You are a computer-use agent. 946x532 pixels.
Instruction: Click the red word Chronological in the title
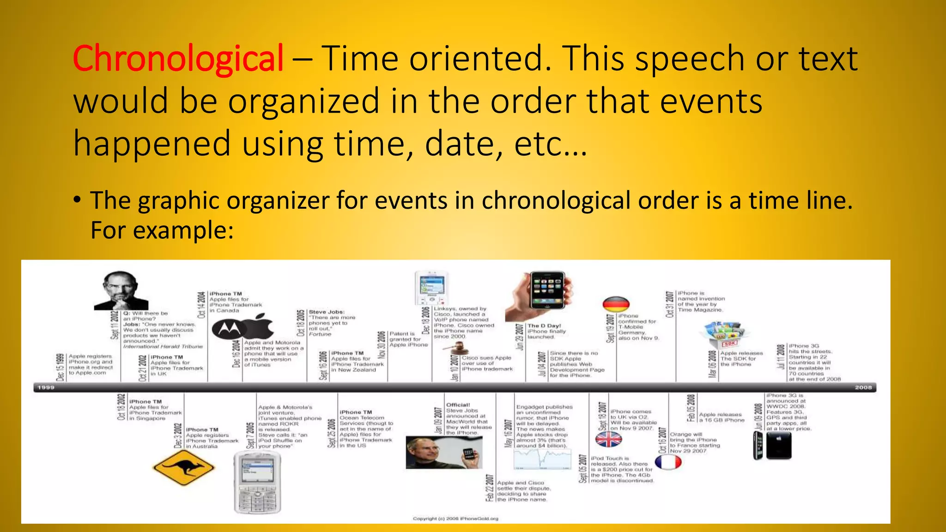(x=178, y=59)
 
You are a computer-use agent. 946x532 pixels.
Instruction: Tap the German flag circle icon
(x=616, y=305)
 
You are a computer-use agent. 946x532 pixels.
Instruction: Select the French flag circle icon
(x=668, y=462)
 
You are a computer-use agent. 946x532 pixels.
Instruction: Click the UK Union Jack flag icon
(x=609, y=439)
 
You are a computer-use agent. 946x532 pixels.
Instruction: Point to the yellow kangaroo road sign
(x=183, y=467)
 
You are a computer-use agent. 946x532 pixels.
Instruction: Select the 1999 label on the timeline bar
(x=46, y=387)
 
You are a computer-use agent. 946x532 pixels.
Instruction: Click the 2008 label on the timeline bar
(x=863, y=387)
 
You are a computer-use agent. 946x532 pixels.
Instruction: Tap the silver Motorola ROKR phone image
(x=257, y=482)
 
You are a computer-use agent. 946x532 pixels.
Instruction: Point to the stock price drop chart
(x=542, y=459)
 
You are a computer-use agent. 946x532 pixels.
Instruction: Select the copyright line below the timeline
(x=455, y=519)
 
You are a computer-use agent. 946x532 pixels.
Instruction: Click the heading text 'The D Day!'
(x=544, y=326)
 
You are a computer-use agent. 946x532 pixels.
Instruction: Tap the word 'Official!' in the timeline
(x=458, y=405)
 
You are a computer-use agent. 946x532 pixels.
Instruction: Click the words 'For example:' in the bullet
(x=162, y=230)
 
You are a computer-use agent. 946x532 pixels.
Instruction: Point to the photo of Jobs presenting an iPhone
(x=444, y=453)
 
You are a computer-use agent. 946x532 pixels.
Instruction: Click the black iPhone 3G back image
(x=779, y=446)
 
